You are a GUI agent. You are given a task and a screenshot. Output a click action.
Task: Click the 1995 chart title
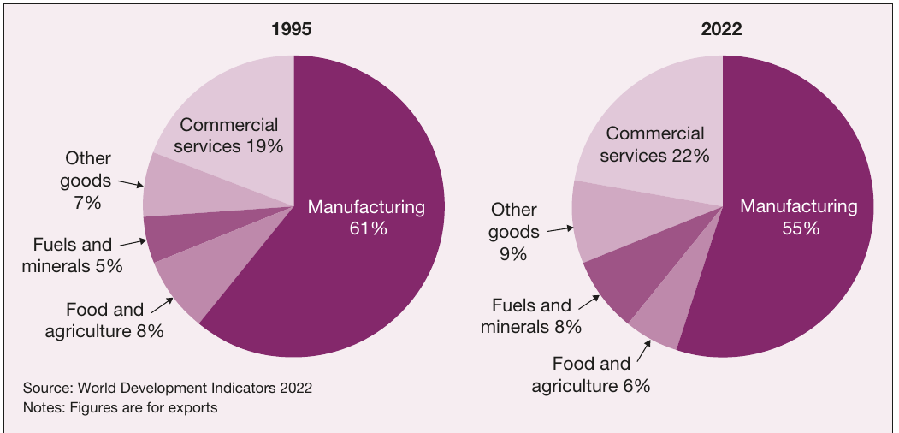(292, 29)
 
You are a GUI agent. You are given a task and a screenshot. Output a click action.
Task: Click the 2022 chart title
(721, 29)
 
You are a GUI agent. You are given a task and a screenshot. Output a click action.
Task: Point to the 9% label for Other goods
(512, 253)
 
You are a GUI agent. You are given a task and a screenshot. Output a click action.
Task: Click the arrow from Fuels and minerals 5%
(133, 243)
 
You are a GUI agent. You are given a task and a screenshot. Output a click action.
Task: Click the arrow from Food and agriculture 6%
(644, 351)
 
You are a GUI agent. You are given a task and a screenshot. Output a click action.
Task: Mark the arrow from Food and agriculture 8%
(163, 305)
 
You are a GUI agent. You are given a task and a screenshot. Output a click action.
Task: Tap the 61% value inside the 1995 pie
(368, 228)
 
